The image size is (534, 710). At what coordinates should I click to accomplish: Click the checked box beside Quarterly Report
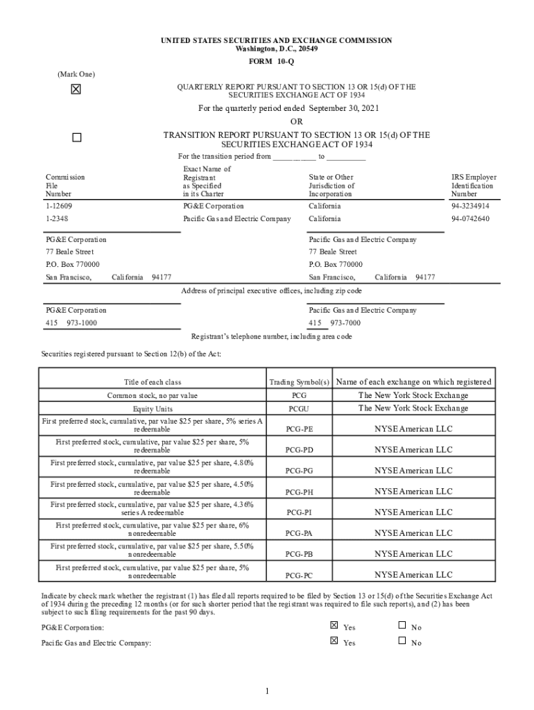76,89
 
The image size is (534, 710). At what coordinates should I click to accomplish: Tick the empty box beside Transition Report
76,137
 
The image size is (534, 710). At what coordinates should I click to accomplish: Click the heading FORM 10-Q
267,61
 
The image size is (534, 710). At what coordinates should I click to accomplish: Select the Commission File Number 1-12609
59,206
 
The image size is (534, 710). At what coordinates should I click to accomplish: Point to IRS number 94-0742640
470,218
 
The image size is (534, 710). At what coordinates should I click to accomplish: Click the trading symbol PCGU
299,408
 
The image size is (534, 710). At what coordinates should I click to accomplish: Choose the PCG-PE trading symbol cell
299,429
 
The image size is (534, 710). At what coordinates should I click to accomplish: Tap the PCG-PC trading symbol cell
299,575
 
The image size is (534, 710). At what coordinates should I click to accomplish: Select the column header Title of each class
153,382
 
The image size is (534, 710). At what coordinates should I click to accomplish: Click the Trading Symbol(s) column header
299,382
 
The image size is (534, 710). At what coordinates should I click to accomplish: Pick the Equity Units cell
153,408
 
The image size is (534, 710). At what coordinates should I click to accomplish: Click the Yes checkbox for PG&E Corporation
334,625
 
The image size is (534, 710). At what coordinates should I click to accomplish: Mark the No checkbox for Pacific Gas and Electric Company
402,641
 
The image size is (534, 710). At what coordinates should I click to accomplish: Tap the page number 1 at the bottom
267,691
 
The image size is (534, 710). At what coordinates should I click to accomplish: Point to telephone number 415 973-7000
336,323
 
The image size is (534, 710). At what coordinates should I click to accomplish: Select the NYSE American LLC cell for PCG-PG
413,471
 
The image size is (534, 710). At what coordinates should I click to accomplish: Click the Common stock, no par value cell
153,395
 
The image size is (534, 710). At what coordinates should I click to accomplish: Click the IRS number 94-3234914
470,206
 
